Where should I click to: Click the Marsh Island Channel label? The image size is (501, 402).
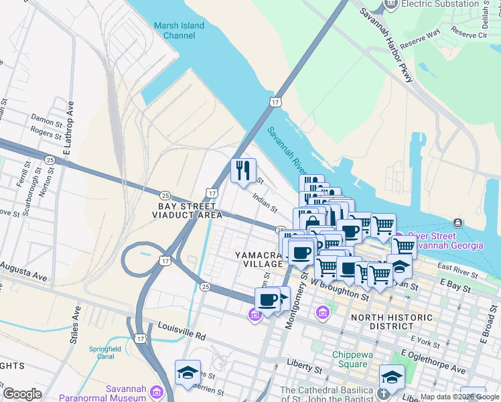pos(179,31)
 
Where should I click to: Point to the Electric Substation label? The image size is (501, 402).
pos(439,4)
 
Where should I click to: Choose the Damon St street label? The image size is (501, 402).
pos(46,121)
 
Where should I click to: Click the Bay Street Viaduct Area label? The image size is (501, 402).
pos(187,210)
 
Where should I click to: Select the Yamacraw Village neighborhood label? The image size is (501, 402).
pos(260,260)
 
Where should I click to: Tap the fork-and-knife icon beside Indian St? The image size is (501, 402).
pos(243,170)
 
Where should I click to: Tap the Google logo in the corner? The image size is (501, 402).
pos(22,394)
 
